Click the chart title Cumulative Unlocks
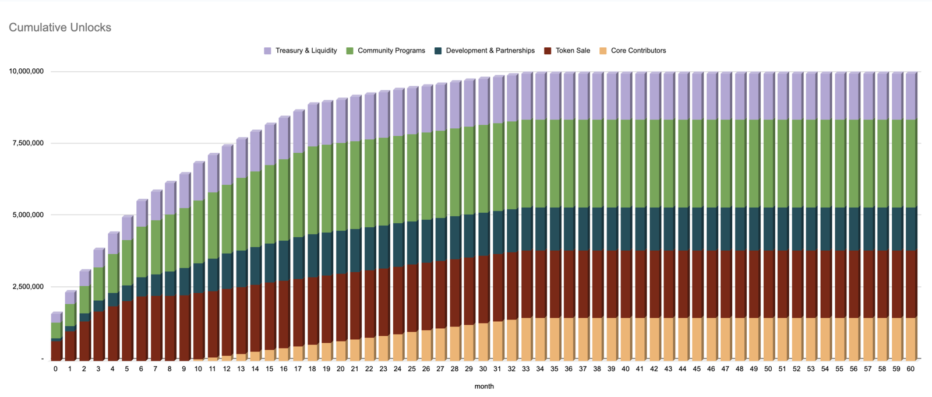click(60, 27)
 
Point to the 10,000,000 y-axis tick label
click(26, 72)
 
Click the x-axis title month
click(484, 386)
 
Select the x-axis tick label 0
click(55, 369)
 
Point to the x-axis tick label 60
click(910, 369)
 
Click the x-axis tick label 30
click(483, 369)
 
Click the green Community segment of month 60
click(910, 163)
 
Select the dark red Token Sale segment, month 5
click(127, 329)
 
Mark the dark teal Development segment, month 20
click(341, 252)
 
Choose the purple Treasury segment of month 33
click(526, 96)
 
